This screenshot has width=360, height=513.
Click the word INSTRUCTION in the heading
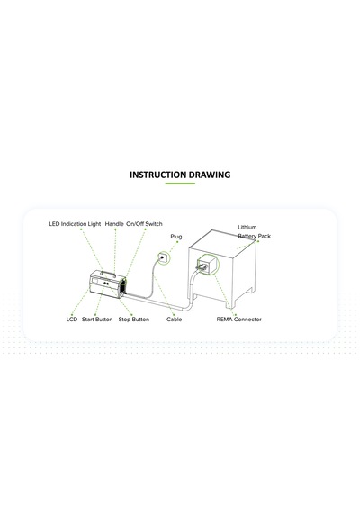tap(158, 175)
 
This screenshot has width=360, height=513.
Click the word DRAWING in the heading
tap(210, 175)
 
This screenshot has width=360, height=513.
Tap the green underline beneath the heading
tap(180, 184)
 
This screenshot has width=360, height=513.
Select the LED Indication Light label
tap(75, 224)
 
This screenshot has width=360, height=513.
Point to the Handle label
tap(114, 224)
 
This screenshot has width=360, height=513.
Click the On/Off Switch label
tap(144, 224)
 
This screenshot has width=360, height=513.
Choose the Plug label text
tap(176, 237)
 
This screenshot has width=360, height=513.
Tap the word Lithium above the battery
tap(247, 227)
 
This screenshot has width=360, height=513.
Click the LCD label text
tap(72, 319)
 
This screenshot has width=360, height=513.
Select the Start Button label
tap(97, 319)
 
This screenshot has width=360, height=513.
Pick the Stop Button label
tap(134, 319)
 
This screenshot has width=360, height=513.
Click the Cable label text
tap(174, 319)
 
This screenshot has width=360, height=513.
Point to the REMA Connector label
tap(238, 319)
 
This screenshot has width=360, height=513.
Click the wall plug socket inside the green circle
tap(162, 257)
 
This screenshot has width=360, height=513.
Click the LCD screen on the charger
tap(94, 281)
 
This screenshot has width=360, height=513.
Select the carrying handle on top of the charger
tap(108, 273)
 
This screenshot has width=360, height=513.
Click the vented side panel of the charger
tap(122, 287)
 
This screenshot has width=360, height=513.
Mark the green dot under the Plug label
tap(177, 242)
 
